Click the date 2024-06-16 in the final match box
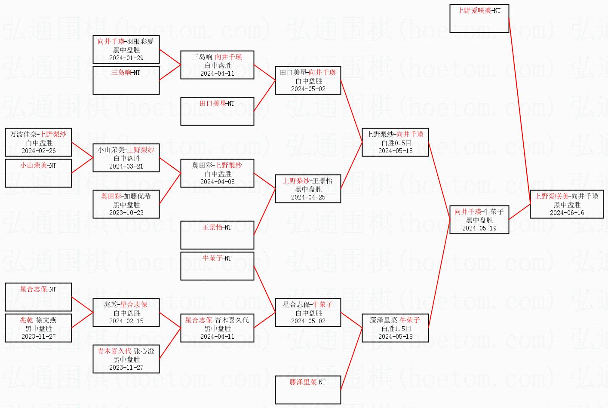pos(567,213)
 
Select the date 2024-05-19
pos(479,228)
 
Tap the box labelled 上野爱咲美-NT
pos(479,18)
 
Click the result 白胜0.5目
pos(396,143)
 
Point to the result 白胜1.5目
pos(396,328)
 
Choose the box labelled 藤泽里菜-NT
pos(308,390)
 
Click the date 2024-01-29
pos(126,58)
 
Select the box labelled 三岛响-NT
pos(126,80)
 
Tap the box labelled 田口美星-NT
pos(217,111)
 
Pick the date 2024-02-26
pos(39,151)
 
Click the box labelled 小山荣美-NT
pos(39,173)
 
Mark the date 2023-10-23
pos(126,213)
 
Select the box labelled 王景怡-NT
pos(217,235)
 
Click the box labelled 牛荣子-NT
pos(217,266)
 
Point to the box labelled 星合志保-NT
pos(39,297)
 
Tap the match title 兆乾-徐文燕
pos(39,320)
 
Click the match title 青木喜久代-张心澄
pos(126,351)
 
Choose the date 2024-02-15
pos(126,321)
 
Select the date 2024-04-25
pos(308,197)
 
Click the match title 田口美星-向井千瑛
pos(308,73)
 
